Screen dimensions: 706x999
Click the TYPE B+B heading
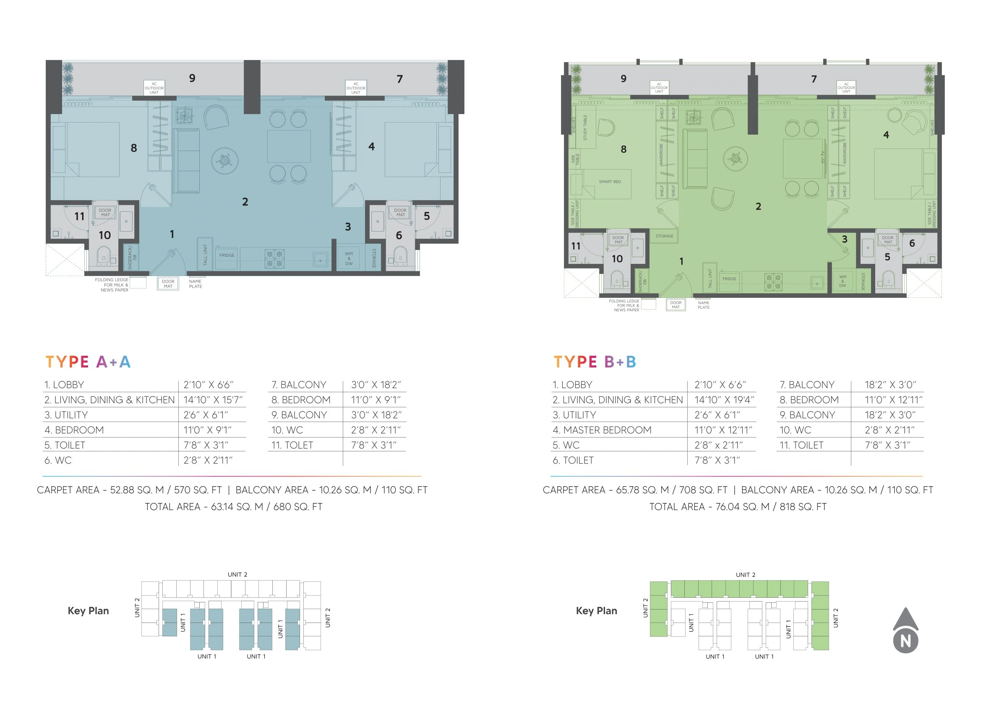coord(595,362)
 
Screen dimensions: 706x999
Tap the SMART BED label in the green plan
coord(610,182)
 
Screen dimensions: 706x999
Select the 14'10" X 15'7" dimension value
coord(213,400)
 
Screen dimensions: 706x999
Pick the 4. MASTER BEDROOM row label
coord(602,430)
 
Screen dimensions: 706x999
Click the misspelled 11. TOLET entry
coord(292,445)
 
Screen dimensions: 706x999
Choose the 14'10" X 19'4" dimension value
coord(724,400)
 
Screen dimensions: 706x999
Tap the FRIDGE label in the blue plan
coord(227,255)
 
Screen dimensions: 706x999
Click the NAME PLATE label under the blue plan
coord(196,284)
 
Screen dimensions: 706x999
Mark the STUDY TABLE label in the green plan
coord(585,128)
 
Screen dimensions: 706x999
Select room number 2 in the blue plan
coord(245,202)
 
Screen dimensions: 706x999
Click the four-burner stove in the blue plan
coord(274,258)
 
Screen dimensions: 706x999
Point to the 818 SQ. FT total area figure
coord(803,507)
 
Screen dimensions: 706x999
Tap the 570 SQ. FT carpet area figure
coord(198,490)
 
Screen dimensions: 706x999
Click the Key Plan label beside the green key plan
coord(596,611)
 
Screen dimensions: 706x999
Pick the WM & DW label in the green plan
coord(843,281)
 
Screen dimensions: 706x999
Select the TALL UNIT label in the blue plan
coord(205,255)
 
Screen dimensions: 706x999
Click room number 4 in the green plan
coord(886,135)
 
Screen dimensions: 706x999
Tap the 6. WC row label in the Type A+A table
coord(58,460)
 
